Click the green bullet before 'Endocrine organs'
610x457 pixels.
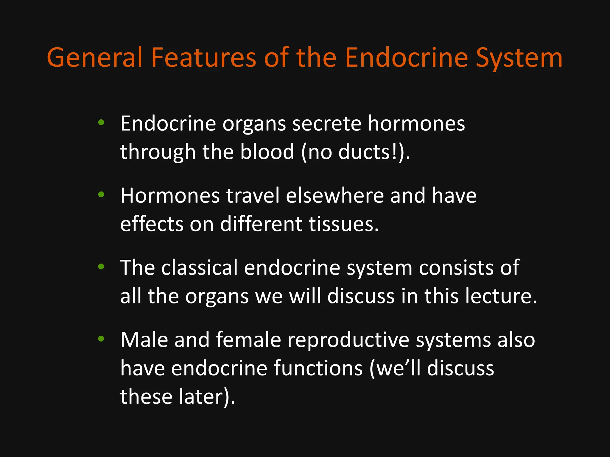coord(101,122)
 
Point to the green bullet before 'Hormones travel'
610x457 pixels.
coord(101,194)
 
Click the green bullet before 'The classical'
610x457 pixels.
coord(101,267)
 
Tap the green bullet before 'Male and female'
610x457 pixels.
coord(101,339)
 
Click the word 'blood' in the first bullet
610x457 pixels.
coord(267,152)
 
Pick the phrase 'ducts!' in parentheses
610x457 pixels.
coord(368,152)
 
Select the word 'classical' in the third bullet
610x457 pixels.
coord(199,268)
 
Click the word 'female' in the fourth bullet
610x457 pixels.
coord(248,340)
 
